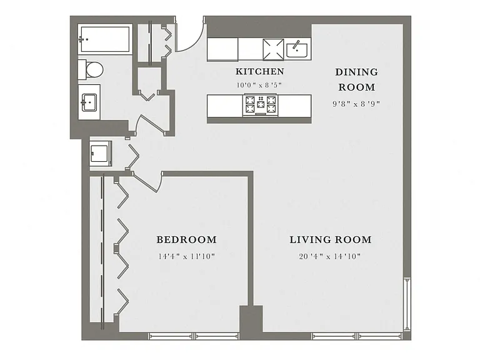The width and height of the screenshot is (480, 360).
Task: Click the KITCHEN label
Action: tap(260, 71)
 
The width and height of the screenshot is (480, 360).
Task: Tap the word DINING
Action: tap(357, 72)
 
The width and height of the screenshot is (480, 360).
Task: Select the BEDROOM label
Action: tap(186, 239)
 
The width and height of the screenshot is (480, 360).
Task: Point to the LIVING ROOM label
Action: tap(331, 239)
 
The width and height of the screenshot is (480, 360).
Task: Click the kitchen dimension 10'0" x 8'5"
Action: tap(259, 85)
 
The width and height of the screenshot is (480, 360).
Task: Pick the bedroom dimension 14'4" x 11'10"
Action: tap(186, 256)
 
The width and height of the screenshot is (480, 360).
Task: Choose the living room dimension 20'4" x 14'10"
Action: tap(330, 256)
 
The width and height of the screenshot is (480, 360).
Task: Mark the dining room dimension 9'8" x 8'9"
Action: tap(356, 104)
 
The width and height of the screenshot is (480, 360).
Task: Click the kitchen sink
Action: tap(297, 50)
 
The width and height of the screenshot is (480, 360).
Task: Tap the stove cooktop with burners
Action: tap(261, 105)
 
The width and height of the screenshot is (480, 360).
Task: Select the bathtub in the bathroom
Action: tap(105, 39)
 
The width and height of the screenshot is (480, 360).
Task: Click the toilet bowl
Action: tap(94, 70)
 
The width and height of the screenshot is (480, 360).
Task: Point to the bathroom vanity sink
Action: tap(89, 102)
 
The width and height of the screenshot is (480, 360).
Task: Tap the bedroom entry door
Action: tap(146, 182)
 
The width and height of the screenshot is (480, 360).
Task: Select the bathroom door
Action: tap(151, 124)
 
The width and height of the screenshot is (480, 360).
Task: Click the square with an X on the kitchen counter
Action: tap(273, 49)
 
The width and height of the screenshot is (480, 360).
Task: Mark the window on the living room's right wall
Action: tap(407, 304)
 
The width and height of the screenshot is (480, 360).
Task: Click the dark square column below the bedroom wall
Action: tap(251, 318)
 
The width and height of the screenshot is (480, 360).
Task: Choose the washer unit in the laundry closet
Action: tap(100, 153)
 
